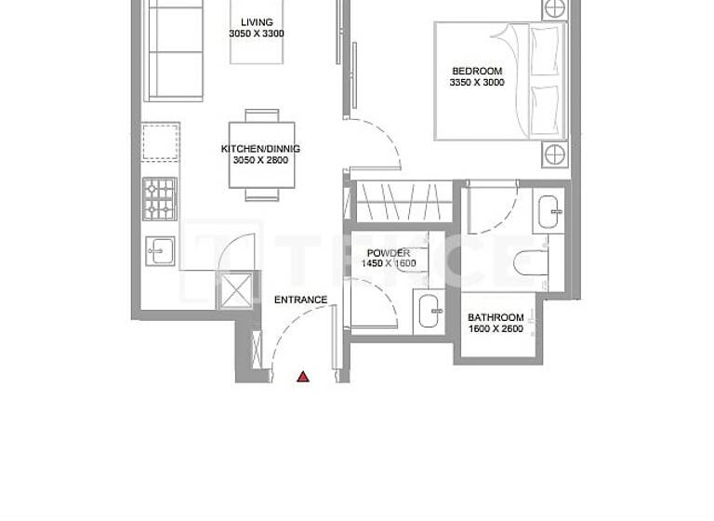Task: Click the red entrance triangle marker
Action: pos(303,376)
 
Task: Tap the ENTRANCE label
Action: pos(300,300)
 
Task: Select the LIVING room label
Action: pos(257,22)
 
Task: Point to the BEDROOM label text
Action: pos(477,71)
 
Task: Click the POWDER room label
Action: pos(388,253)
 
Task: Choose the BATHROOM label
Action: pos(496,317)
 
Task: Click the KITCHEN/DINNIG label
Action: pos(260,149)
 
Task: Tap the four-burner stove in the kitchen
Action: pos(159,197)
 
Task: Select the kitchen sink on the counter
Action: pos(161,249)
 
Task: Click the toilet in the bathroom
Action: pos(532,260)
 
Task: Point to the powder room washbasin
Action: pos(430,311)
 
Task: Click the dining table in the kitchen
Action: pos(261,154)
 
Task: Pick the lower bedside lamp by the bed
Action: pos(554,154)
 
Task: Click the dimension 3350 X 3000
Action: pos(477,83)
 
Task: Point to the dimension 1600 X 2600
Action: pos(496,329)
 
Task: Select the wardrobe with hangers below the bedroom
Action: pos(403,202)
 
